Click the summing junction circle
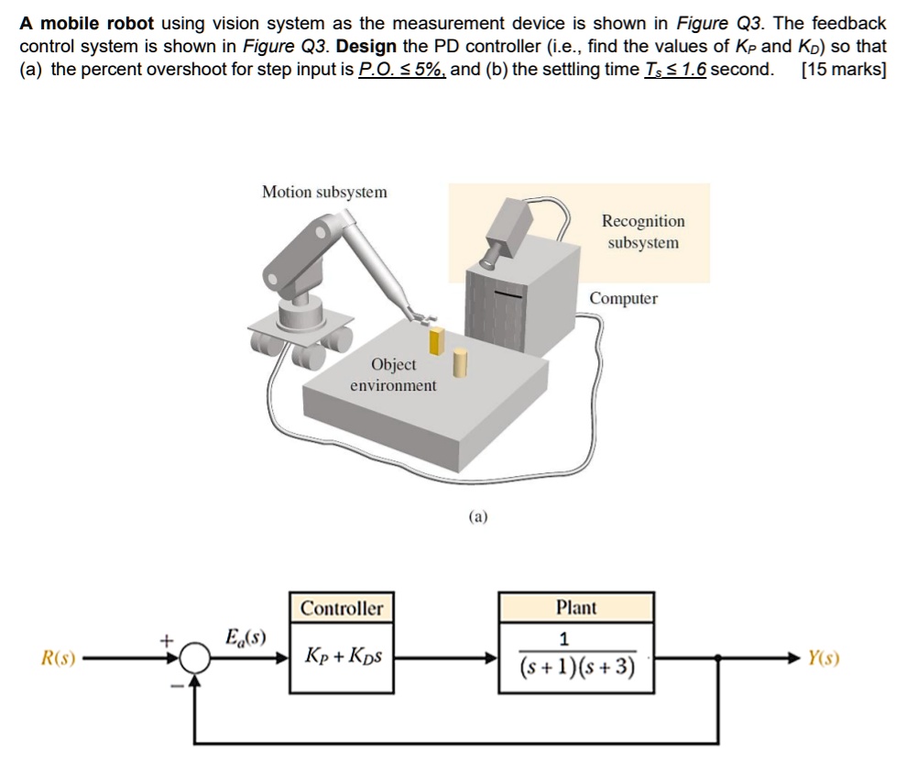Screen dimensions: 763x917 point(195,658)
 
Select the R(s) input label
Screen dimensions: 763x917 point(58,658)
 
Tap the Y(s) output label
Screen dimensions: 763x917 point(823,658)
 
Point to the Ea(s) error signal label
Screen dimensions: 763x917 point(246,636)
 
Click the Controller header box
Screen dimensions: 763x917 point(343,608)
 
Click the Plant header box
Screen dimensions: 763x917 point(576,607)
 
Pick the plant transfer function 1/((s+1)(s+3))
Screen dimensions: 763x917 point(576,653)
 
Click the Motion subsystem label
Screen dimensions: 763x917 point(324,192)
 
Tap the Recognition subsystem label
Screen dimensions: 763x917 point(643,232)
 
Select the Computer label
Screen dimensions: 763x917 point(623,299)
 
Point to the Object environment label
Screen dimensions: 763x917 point(393,375)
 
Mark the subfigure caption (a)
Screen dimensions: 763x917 point(478,517)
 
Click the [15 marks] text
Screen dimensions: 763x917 point(843,70)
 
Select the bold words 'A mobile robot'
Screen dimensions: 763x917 point(87,23)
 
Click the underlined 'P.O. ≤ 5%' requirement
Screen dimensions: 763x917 point(401,70)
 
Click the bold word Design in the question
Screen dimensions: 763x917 point(366,46)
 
